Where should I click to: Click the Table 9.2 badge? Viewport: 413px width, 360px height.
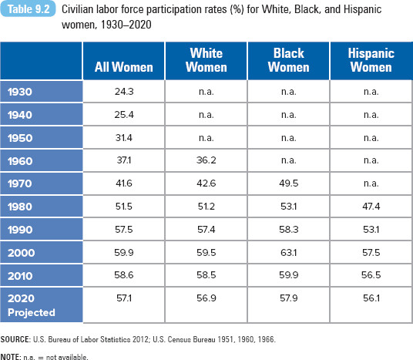pos(28,9)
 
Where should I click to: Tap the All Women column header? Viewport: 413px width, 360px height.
pos(124,67)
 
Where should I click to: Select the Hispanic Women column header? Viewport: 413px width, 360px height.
pos(371,60)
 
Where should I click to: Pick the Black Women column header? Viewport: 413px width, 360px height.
pos(289,60)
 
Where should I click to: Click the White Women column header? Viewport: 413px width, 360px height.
pos(206,60)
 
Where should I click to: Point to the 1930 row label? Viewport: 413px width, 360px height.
pos(20,92)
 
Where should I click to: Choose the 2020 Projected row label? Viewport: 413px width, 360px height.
pos(32,305)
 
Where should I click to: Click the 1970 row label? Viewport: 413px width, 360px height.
pos(20,183)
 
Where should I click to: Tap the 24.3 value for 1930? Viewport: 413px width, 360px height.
pos(124,92)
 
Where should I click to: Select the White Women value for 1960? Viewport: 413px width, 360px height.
pos(206,160)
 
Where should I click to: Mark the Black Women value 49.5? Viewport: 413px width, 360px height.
pos(289,183)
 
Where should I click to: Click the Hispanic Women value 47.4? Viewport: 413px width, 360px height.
pos(371,206)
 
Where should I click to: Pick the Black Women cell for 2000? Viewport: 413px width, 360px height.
pos(289,253)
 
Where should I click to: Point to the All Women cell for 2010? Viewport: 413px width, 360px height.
pos(124,275)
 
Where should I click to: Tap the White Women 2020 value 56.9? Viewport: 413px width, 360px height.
pos(206,298)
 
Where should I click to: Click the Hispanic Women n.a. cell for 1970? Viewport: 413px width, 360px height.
pos(371,183)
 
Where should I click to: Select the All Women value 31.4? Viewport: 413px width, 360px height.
pos(124,137)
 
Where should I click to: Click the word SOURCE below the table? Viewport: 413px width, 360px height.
pos(15,339)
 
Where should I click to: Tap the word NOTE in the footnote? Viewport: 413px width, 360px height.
pos(11,357)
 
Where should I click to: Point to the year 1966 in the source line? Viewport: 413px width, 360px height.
pos(266,339)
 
